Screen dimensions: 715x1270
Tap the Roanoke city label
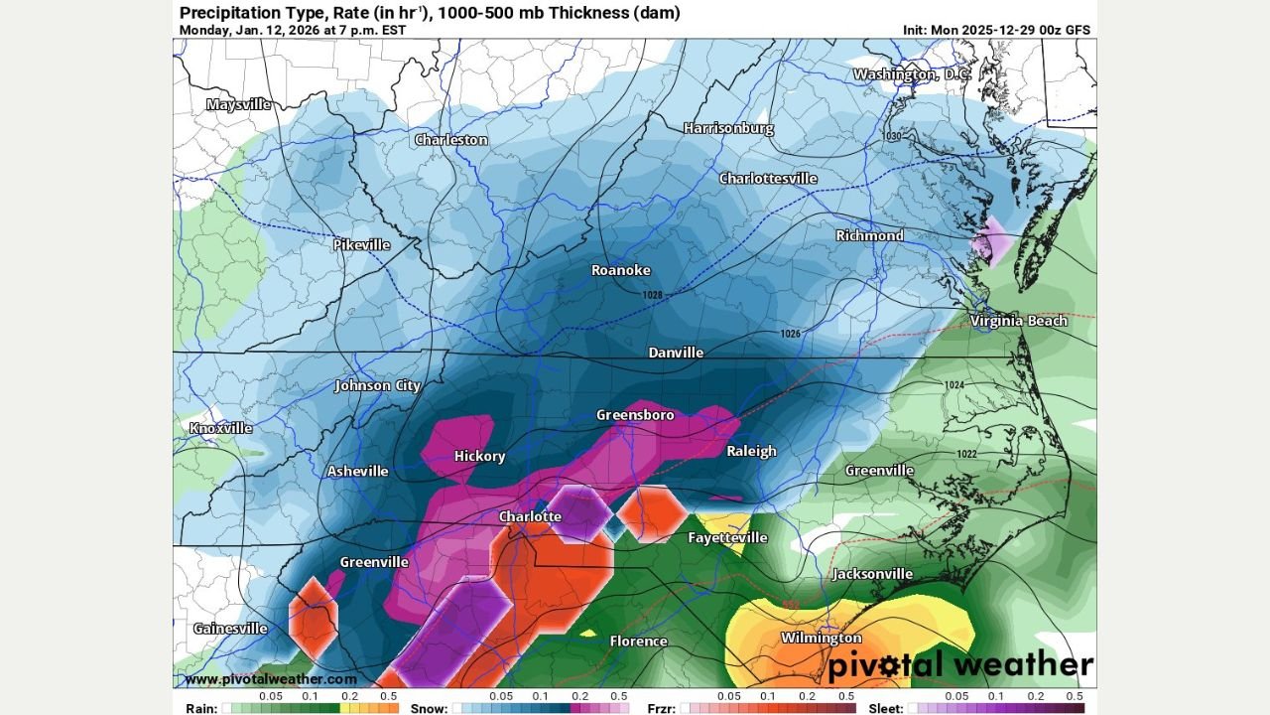pyautogui.click(x=620, y=270)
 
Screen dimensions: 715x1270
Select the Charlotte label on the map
pyautogui.click(x=529, y=516)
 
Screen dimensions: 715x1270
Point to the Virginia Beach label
pyautogui.click(x=1018, y=321)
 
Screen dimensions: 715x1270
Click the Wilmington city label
pyautogui.click(x=821, y=638)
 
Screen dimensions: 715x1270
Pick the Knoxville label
pyautogui.click(x=220, y=428)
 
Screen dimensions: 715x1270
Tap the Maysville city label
pyautogui.click(x=238, y=104)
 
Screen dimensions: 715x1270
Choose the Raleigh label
pyautogui.click(x=751, y=451)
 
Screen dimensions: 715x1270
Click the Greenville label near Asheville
pyautogui.click(x=374, y=562)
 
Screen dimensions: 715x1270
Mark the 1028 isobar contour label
pyautogui.click(x=651, y=295)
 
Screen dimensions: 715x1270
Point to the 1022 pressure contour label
pyautogui.click(x=967, y=454)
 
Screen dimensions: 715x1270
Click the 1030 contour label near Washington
pyautogui.click(x=893, y=136)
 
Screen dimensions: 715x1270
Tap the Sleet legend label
pyautogui.click(x=885, y=708)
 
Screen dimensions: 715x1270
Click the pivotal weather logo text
pyautogui.click(x=959, y=664)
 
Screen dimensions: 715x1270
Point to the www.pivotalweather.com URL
pyautogui.click(x=270, y=679)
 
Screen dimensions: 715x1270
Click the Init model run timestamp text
pyautogui.click(x=996, y=30)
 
